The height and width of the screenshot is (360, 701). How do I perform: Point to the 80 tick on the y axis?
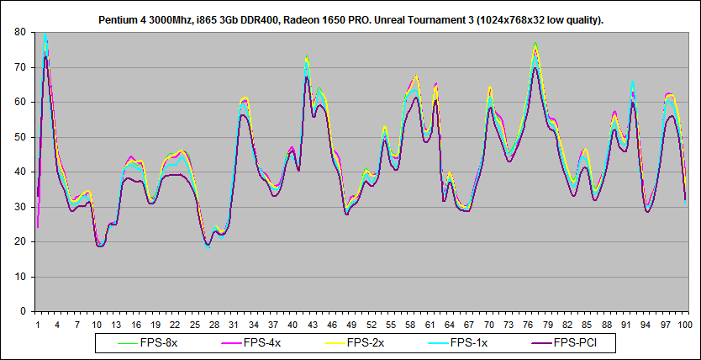(x=19, y=32)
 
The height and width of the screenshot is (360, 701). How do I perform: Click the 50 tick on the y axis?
(x=19, y=136)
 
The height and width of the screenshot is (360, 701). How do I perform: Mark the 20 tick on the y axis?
(x=19, y=241)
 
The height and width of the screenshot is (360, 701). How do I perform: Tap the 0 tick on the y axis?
(x=23, y=311)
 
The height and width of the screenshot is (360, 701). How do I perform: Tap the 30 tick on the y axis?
(x=19, y=206)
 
